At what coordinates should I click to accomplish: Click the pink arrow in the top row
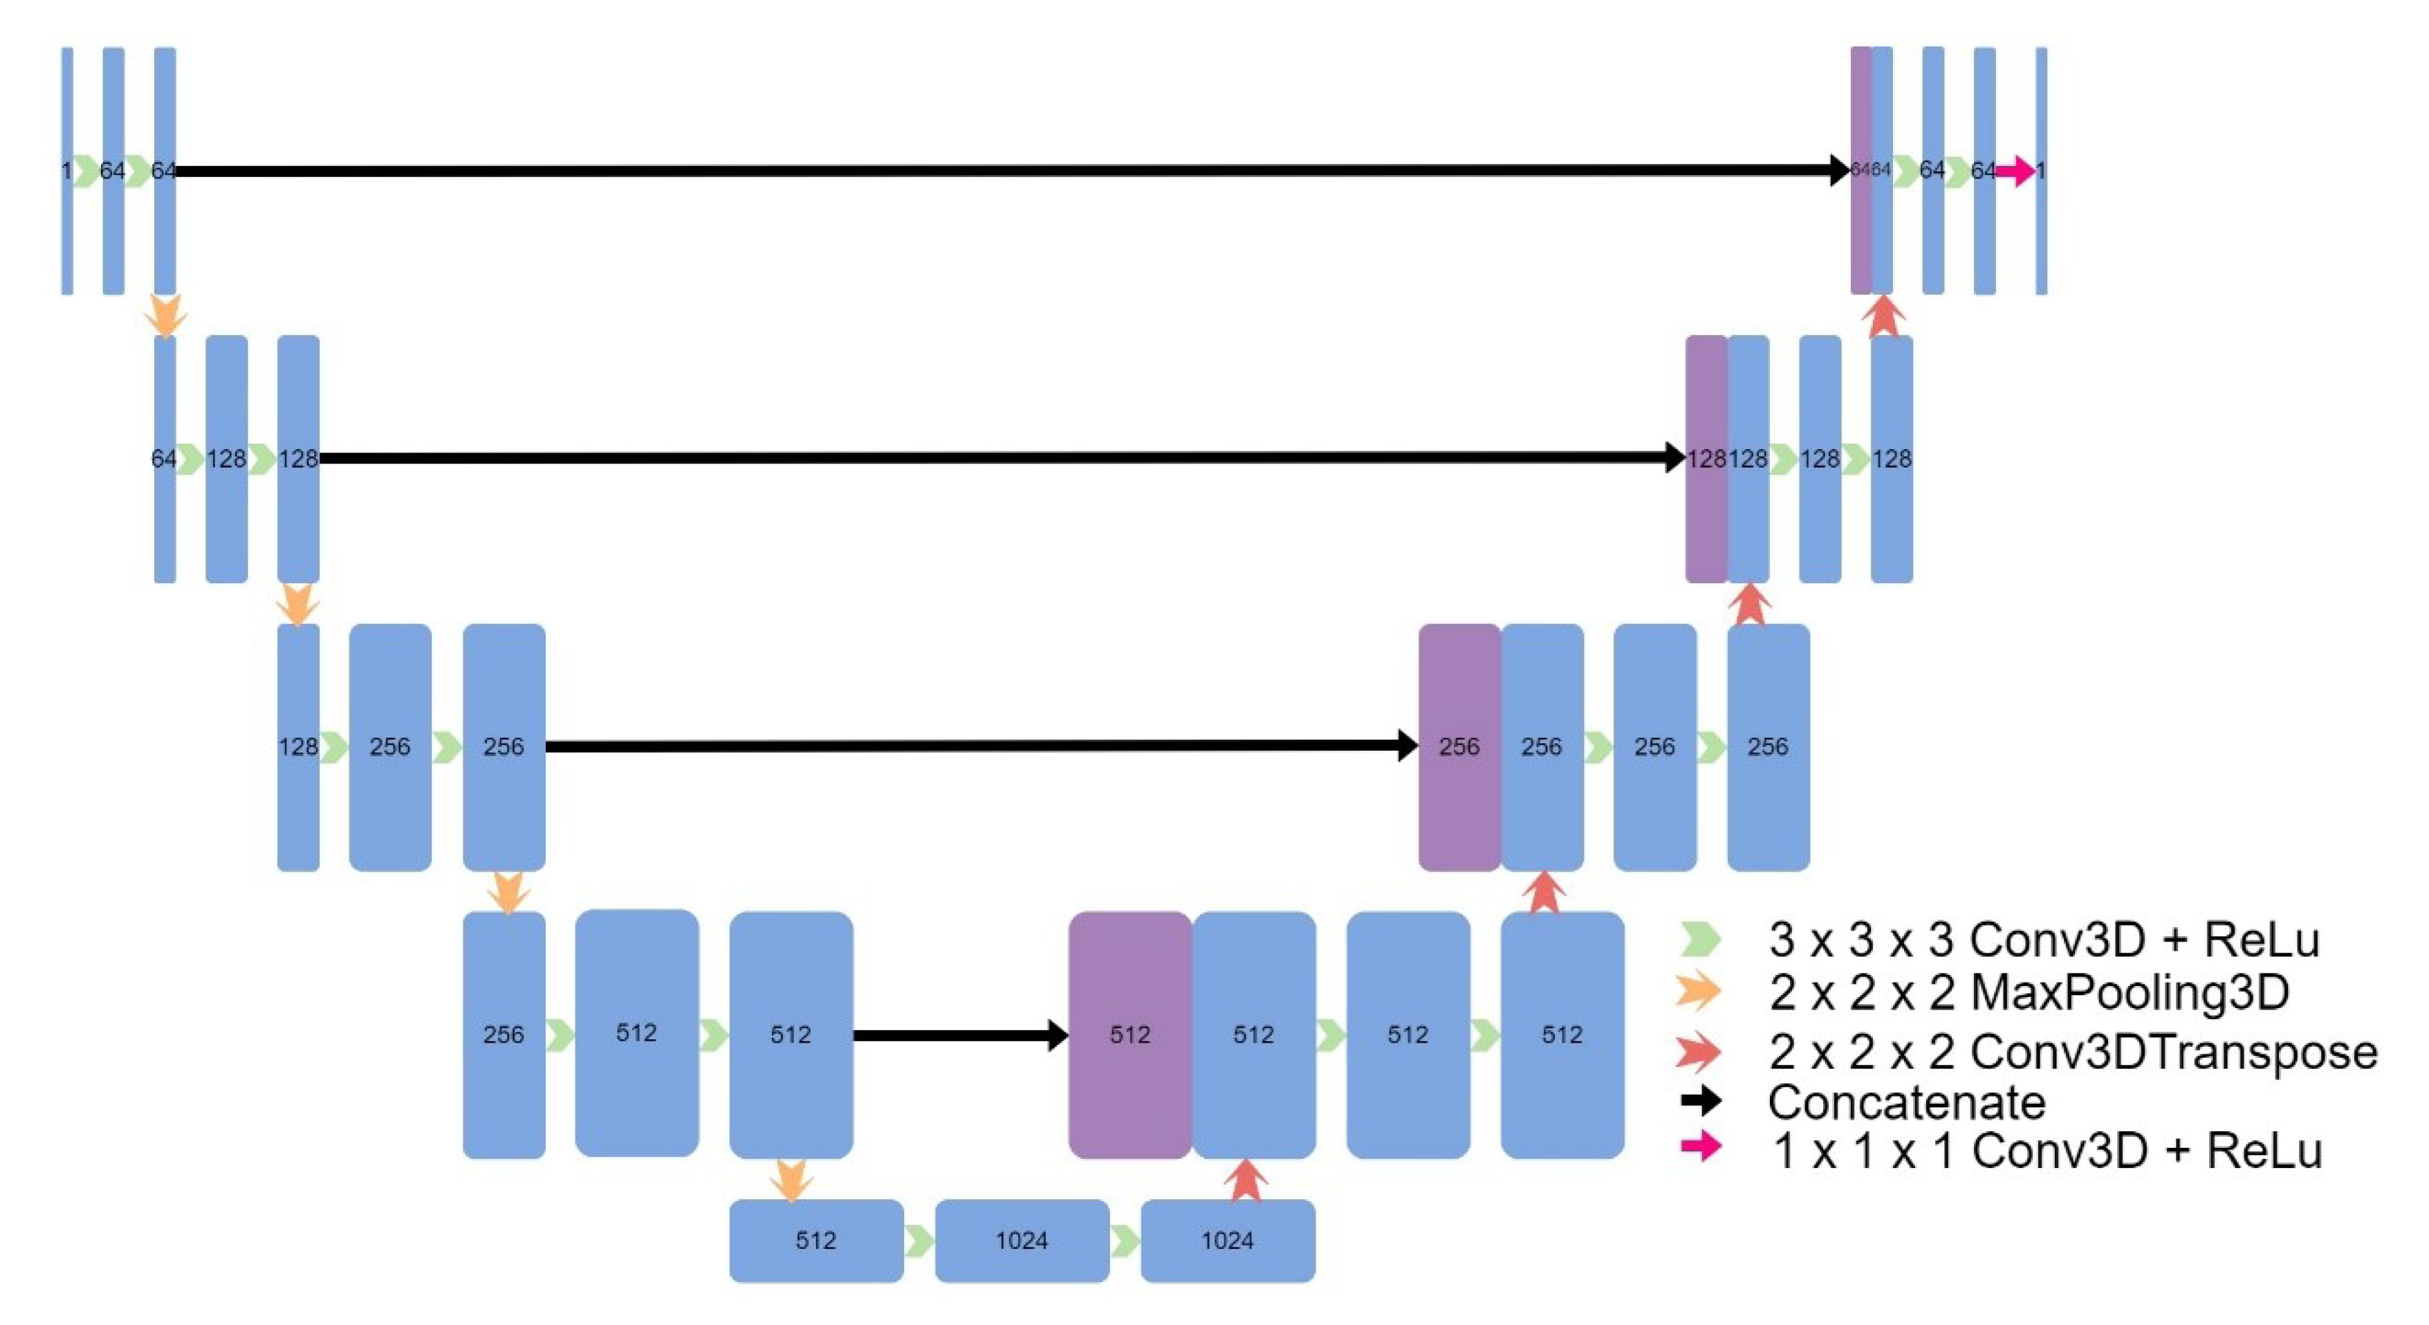click(x=2015, y=171)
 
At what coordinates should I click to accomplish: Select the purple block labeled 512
click(x=1129, y=1034)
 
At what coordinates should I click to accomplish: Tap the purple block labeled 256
click(x=1458, y=746)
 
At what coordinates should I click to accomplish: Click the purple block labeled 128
click(x=1705, y=458)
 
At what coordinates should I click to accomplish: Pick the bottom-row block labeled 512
click(x=815, y=1239)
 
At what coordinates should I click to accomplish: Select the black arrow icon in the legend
click(x=1700, y=1099)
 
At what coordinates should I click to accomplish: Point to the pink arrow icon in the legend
click(x=1700, y=1146)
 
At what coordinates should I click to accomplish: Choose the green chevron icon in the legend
click(x=1700, y=938)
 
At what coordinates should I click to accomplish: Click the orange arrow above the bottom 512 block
click(x=791, y=1180)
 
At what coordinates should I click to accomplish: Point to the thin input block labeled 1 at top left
click(x=67, y=171)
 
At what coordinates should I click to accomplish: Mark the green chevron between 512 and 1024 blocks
click(x=918, y=1240)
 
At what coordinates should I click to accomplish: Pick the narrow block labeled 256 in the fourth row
click(x=504, y=1034)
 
